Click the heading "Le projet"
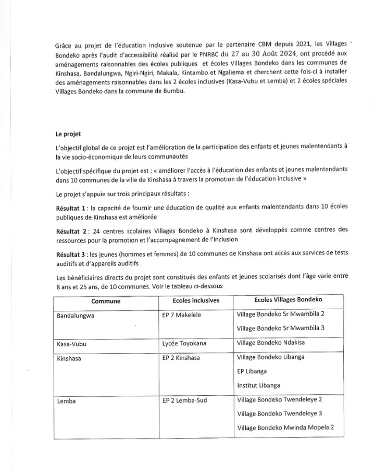click(69, 134)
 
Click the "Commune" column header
click(106, 301)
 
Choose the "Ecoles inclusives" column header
click(196, 301)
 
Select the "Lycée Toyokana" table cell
click(184, 343)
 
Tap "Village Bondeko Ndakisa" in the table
click(271, 343)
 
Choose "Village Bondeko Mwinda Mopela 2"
click(285, 427)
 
